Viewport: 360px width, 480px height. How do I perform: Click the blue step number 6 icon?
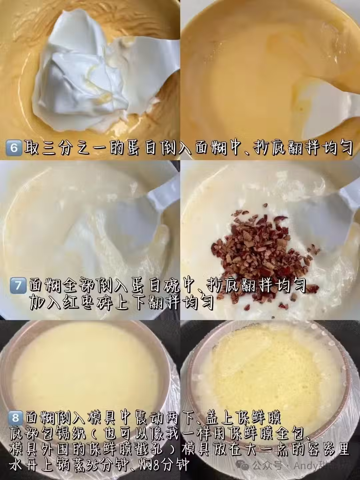[x=14, y=148]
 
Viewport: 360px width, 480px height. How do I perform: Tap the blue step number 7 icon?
[x=18, y=285]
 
